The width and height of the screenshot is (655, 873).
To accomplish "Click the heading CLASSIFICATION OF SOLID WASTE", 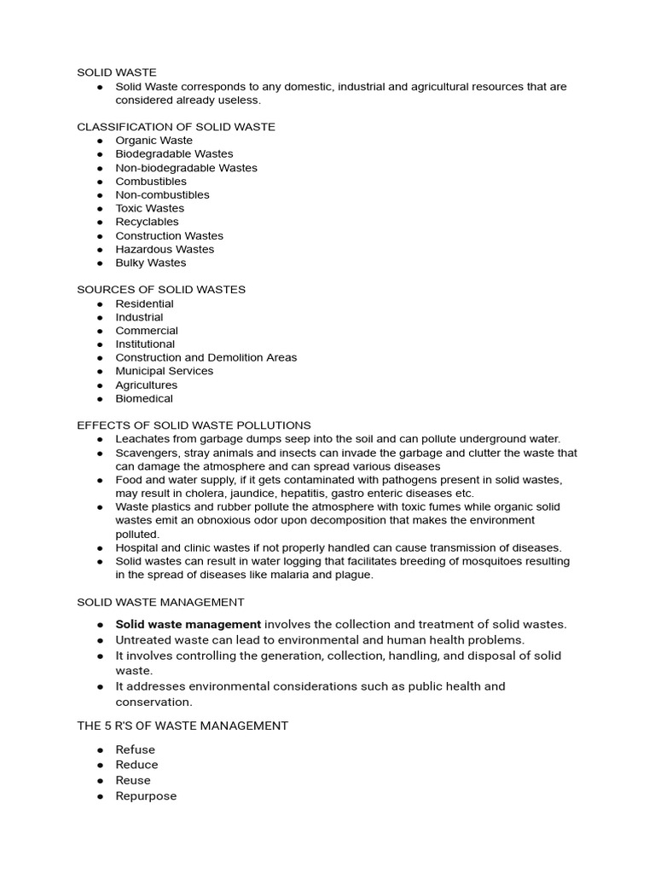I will click(176, 127).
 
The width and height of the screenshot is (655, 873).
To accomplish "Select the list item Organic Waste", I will click(154, 141).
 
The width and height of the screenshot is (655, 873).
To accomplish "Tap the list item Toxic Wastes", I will click(149, 208).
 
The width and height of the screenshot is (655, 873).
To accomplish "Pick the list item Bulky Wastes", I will click(150, 263).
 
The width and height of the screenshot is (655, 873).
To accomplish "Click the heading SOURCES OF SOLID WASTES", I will click(161, 290).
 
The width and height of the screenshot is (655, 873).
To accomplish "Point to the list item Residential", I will click(144, 304).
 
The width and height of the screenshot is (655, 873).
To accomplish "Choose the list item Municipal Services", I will click(165, 371).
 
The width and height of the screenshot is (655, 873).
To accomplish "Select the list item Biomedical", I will click(144, 398).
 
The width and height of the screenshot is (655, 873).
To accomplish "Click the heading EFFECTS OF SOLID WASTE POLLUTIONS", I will click(194, 425).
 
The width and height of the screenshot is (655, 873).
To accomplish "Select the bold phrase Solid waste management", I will click(188, 624).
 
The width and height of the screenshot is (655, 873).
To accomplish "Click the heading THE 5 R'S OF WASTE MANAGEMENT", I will click(183, 726).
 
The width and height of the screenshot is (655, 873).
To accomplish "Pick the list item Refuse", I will click(136, 749).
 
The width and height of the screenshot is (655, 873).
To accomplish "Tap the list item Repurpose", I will click(146, 795).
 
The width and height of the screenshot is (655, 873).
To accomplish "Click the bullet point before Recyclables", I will click(100, 223).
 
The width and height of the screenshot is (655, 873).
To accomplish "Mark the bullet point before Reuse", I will click(100, 781).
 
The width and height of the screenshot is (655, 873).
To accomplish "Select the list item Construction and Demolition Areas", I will click(206, 357).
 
